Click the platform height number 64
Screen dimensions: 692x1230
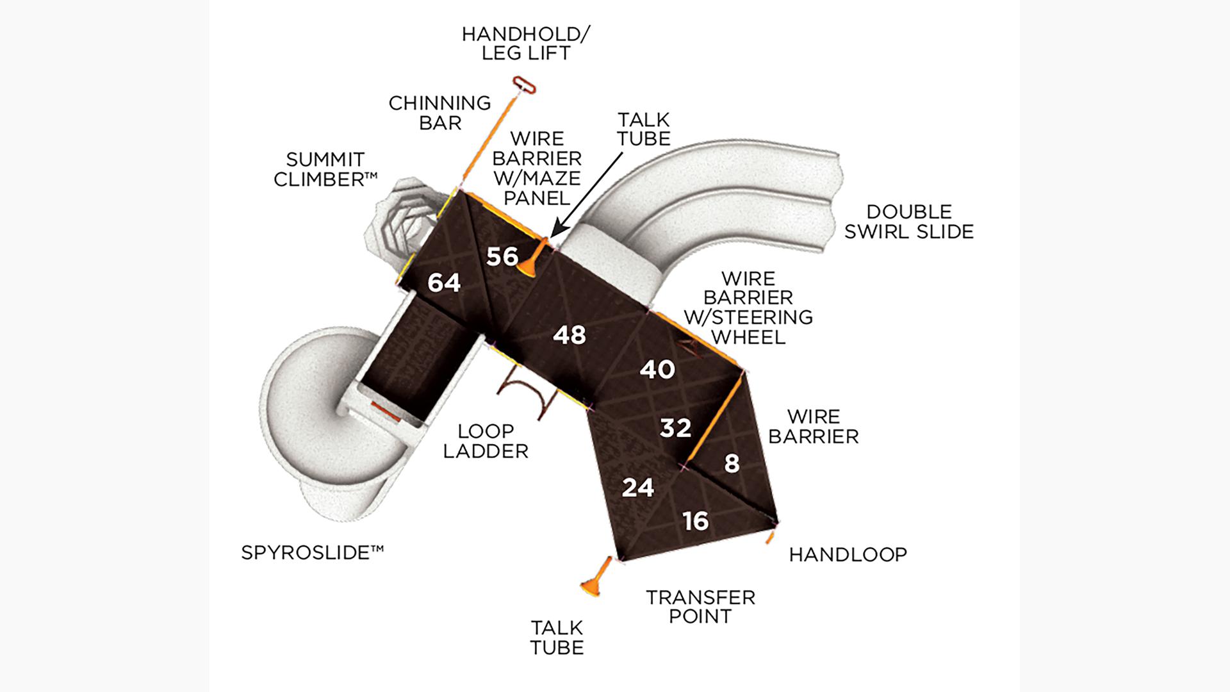pos(444,283)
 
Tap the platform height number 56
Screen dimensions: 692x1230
pos(502,256)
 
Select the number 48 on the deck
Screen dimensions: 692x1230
pos(570,334)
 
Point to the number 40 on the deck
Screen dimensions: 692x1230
pos(657,369)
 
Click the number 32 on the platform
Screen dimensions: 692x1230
pos(675,427)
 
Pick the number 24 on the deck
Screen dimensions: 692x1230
pos(638,488)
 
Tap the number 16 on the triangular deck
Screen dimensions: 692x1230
pos(696,521)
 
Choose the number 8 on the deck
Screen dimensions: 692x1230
pos(732,463)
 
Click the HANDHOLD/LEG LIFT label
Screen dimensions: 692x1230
pos(526,43)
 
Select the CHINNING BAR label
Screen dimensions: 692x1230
pos(439,112)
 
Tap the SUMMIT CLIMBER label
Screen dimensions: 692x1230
pos(325,169)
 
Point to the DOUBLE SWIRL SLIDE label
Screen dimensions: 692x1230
pos(908,222)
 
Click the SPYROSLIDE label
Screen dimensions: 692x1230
pos(312,552)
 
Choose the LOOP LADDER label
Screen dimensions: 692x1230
pos(486,441)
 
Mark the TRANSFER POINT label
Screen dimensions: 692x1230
pos(700,607)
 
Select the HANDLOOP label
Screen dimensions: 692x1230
pos(848,554)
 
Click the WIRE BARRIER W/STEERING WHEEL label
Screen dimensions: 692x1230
pos(748,308)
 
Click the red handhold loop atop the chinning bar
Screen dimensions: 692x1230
pos(523,85)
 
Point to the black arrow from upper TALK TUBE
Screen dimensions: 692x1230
pos(586,192)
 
